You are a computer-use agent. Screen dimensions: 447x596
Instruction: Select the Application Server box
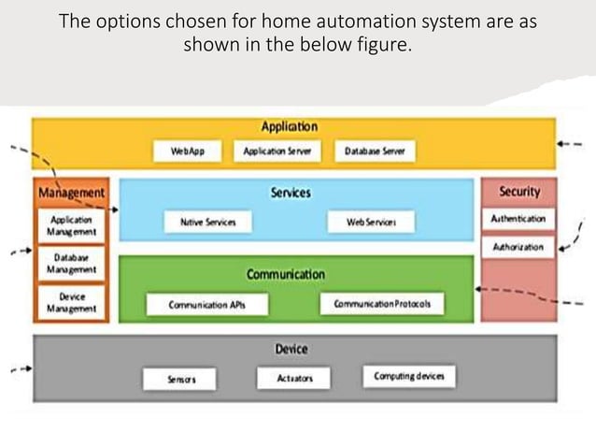point(277,151)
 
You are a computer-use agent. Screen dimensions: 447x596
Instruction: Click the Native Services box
point(207,223)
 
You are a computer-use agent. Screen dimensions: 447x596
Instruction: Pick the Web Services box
point(371,223)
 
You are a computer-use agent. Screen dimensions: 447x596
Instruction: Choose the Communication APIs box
point(206,305)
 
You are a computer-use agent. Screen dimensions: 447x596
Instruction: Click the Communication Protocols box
point(382,305)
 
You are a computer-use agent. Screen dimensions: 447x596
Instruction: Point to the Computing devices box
point(408,377)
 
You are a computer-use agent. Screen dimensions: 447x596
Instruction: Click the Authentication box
point(518,219)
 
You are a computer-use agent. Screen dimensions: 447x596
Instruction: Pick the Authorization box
point(518,248)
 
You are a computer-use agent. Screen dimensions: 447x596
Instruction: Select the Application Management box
point(71,224)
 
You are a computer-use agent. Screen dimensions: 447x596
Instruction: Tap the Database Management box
point(71,263)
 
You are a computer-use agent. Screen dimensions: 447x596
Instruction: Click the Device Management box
point(71,301)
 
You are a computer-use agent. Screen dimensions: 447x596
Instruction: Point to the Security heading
point(518,192)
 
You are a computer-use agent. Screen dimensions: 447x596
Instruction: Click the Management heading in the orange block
point(71,193)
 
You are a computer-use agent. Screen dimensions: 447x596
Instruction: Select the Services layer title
point(291,192)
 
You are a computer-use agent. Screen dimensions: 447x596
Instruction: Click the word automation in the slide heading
point(336,21)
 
